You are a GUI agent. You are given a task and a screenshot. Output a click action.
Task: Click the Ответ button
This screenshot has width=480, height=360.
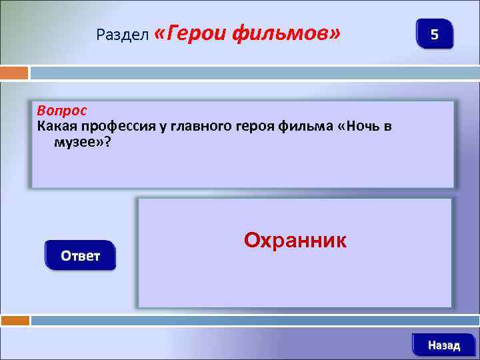coord(80,255)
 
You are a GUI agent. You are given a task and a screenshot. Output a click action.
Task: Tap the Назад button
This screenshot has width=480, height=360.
coord(443,345)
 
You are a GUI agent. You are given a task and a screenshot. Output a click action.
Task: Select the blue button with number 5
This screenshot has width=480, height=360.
coord(434,34)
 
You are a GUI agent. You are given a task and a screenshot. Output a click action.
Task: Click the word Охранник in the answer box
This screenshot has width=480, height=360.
coord(295,240)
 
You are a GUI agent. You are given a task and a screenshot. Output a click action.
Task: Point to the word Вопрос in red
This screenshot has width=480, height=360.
coord(62,109)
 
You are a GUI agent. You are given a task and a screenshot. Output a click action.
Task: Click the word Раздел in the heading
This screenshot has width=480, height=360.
coord(123,34)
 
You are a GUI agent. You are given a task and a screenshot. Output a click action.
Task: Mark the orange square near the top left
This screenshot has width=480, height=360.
coord(15,72)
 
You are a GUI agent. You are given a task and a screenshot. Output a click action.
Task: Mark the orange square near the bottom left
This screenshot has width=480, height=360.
coord(15,320)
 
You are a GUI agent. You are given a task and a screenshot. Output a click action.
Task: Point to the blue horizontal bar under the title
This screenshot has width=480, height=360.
coord(253,72)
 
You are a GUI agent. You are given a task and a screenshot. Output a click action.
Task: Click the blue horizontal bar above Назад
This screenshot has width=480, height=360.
coord(253,320)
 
